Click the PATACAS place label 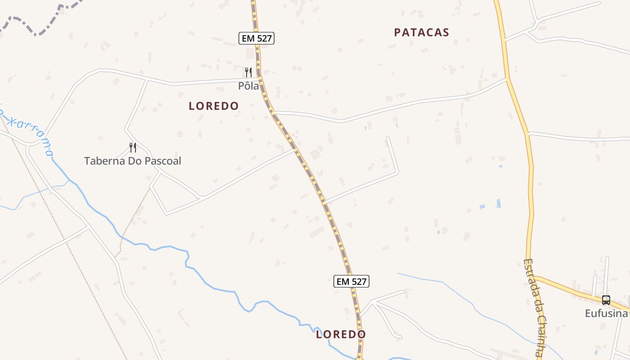[x=422, y=32]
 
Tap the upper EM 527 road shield [x=256, y=38]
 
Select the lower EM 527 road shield [x=351, y=282]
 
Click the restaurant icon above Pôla [x=248, y=72]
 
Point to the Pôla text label [x=249, y=85]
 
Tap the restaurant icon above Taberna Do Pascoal [x=133, y=147]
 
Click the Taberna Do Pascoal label [x=133, y=161]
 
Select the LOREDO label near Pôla [x=214, y=106]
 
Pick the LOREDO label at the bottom [x=341, y=334]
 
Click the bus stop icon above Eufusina [x=606, y=300]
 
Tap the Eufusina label [x=606, y=313]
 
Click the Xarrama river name [x=31, y=133]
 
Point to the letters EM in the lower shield [x=343, y=282]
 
